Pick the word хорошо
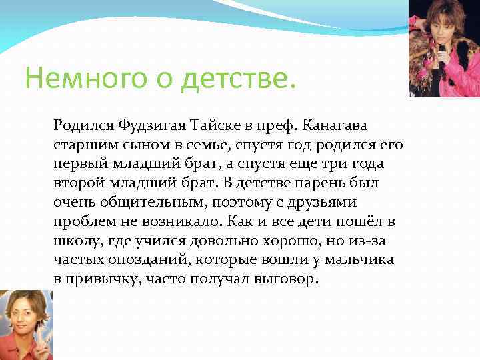[x=279, y=241]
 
